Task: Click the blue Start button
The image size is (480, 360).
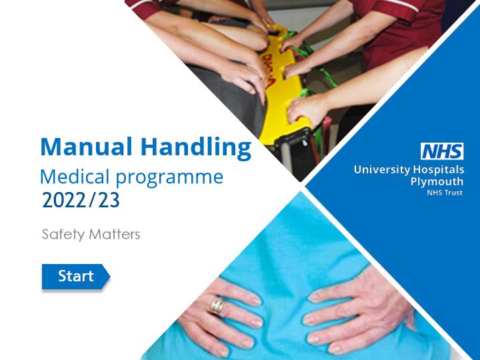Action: coord(75,277)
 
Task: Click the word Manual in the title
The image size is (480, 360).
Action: coord(86,147)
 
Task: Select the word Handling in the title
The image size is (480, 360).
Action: coord(196,148)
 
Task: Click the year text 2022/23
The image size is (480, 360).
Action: coord(81,201)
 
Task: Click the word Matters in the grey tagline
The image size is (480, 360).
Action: coord(114,235)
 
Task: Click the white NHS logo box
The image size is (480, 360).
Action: coord(442,151)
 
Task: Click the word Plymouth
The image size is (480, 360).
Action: coord(437,181)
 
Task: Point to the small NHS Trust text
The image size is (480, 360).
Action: coord(445,193)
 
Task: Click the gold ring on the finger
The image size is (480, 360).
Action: coord(217,305)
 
